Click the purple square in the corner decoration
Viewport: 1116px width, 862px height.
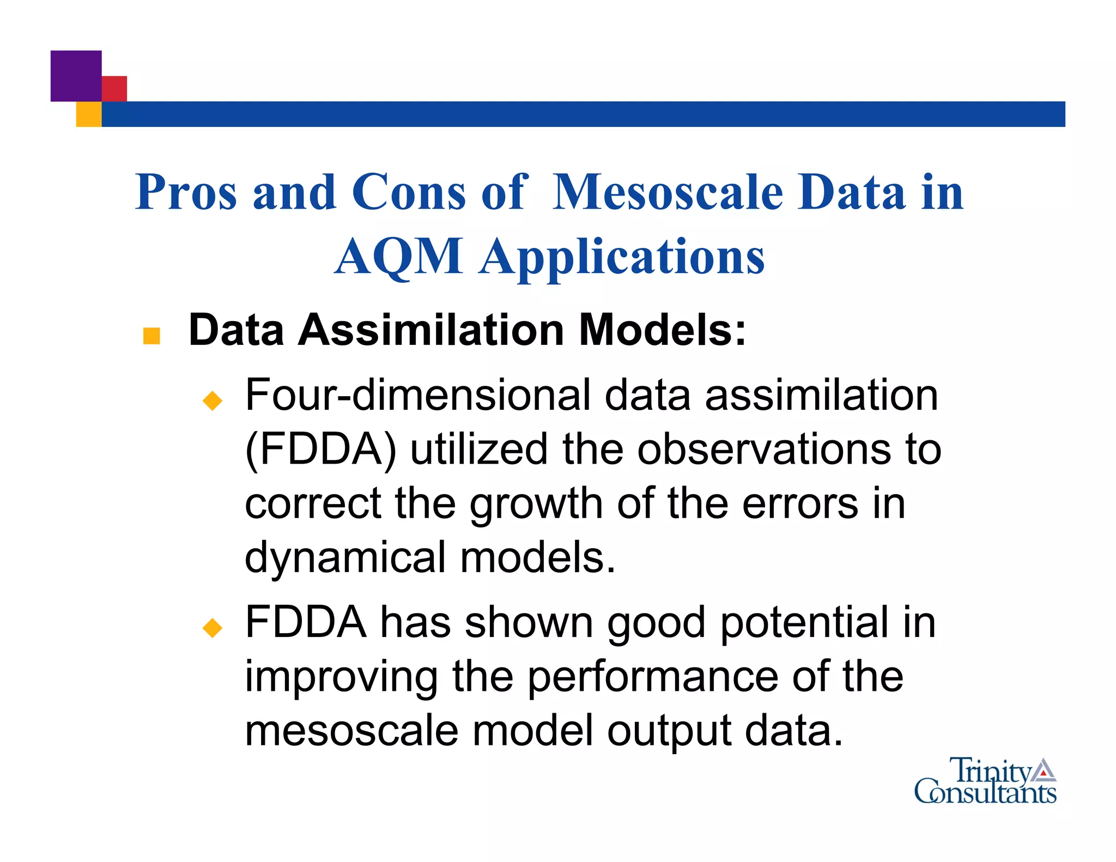pyautogui.click(x=76, y=76)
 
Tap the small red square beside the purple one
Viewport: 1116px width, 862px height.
pyautogui.click(x=114, y=88)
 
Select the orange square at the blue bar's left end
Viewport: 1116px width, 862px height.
pyautogui.click(x=88, y=114)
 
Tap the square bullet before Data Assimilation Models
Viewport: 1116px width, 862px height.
pyautogui.click(x=151, y=336)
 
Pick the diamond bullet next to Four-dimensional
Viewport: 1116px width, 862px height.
pyautogui.click(x=212, y=400)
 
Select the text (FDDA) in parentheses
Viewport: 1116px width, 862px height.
pyautogui.click(x=321, y=450)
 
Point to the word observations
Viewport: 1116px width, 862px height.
pyautogui.click(x=765, y=450)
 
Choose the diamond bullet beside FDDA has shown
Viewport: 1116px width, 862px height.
pyautogui.click(x=212, y=628)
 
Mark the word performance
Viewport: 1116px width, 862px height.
pyautogui.click(x=653, y=676)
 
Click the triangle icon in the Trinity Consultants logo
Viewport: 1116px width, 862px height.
pyautogui.click(x=1043, y=770)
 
